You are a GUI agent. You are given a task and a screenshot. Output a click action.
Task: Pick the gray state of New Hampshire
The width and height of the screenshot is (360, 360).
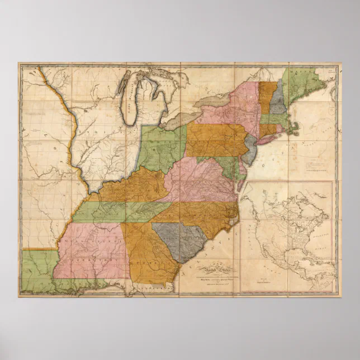277,101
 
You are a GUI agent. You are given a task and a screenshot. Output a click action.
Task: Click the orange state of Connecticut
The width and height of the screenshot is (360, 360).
267,130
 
